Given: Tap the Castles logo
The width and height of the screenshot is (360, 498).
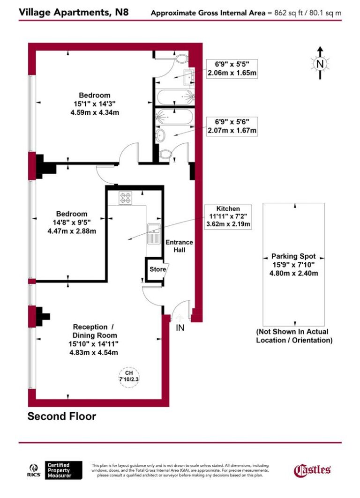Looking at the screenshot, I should [312, 469].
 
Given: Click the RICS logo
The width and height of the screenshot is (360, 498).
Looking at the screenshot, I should [35, 469].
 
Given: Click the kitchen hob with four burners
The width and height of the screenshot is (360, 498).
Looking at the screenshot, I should [125, 198].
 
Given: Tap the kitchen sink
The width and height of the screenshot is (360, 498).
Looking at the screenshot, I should [153, 233].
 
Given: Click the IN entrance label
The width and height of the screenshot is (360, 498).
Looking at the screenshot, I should [180, 328].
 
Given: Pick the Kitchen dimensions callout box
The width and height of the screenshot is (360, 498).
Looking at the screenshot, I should [228, 216].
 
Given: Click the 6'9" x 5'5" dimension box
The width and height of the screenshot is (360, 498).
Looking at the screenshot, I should [232, 68].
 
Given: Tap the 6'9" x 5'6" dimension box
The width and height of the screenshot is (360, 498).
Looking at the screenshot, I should [232, 127].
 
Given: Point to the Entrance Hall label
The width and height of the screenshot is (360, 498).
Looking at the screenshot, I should [179, 246].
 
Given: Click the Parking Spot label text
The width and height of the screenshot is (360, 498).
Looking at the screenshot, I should [293, 256].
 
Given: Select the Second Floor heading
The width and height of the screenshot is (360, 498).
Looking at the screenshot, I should [61, 416].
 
